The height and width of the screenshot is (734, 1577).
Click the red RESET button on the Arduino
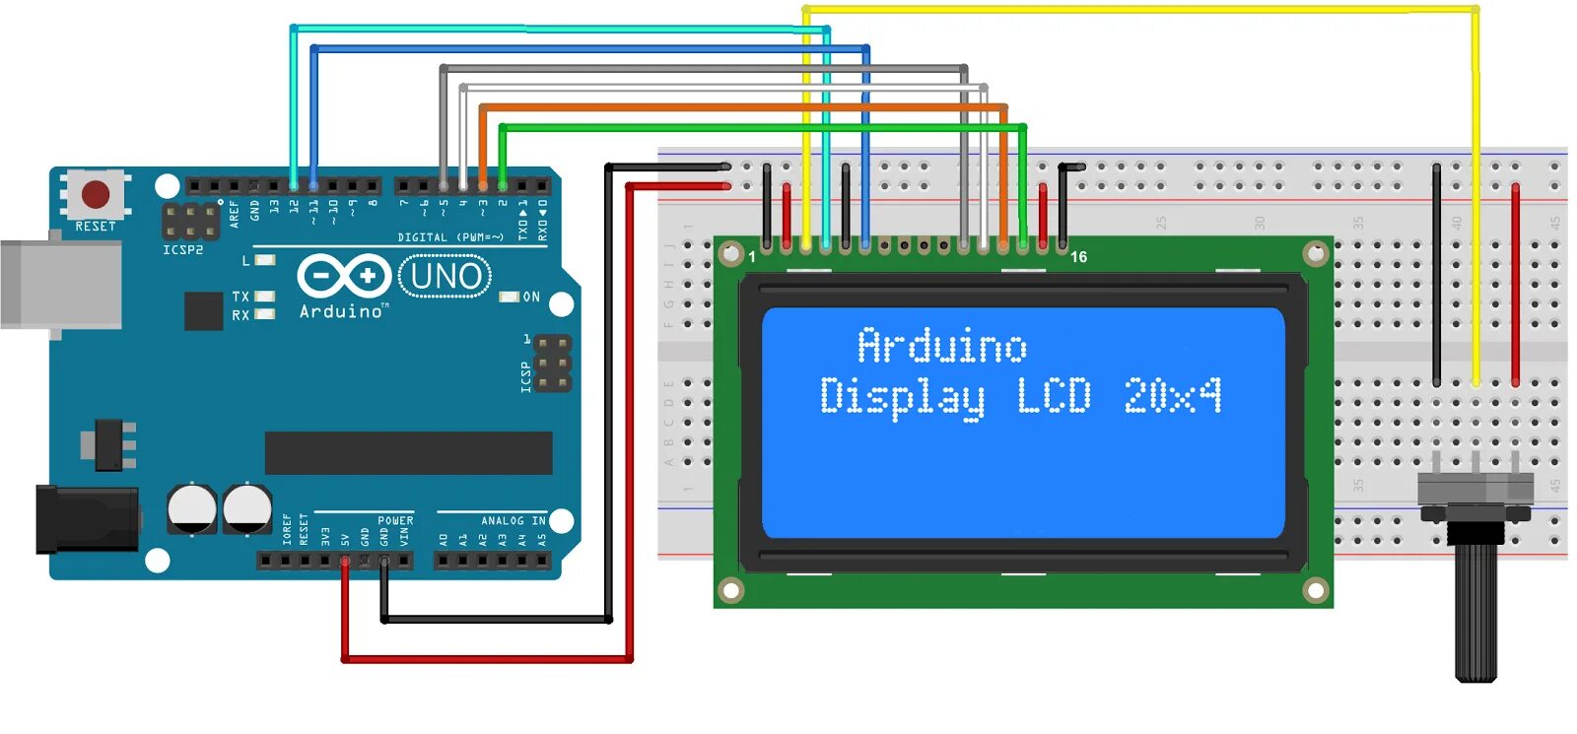(96, 194)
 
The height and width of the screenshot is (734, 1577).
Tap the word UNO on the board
(446, 276)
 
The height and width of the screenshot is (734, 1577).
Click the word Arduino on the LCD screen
(941, 346)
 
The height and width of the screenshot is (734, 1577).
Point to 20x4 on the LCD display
(1172, 396)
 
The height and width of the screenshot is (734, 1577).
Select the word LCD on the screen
(1054, 396)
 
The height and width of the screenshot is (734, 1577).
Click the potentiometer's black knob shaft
(1475, 611)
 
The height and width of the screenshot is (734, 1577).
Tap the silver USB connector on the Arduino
(59, 285)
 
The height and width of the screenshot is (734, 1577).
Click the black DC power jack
(84, 519)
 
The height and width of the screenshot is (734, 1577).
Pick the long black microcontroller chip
(408, 452)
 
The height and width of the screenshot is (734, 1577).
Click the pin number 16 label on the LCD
(1078, 257)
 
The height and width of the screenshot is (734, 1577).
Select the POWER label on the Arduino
(395, 520)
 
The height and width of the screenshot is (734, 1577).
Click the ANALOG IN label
(513, 520)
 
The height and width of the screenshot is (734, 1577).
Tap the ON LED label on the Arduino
(531, 297)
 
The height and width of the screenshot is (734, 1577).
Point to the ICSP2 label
(183, 250)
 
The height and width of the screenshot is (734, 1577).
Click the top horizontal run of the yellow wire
(1133, 10)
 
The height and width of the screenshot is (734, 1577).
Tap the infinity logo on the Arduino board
(343, 276)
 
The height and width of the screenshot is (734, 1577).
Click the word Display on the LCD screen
(902, 397)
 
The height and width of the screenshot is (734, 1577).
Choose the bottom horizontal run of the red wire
(488, 659)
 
